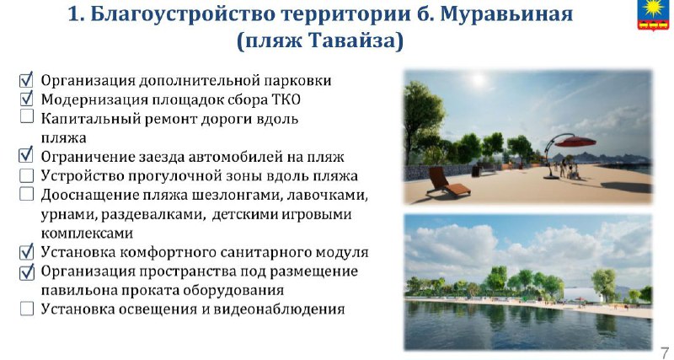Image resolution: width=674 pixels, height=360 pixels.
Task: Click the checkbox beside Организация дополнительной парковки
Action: click(x=26, y=79)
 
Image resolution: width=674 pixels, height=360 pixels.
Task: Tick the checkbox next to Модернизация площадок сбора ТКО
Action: click(x=26, y=99)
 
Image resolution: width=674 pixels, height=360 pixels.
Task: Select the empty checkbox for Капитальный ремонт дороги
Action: click(x=27, y=116)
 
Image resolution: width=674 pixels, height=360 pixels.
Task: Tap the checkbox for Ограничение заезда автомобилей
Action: click(x=26, y=155)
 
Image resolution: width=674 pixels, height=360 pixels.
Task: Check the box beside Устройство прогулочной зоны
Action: click(x=27, y=175)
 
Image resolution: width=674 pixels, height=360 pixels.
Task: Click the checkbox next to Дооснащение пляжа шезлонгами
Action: click(x=27, y=194)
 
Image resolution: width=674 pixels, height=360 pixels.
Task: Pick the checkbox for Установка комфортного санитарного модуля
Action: click(x=26, y=251)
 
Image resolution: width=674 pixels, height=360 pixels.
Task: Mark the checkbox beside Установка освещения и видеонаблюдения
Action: click(x=27, y=309)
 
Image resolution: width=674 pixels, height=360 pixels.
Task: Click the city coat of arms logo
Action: click(x=653, y=14)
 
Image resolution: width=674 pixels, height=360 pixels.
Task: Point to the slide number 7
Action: click(x=665, y=351)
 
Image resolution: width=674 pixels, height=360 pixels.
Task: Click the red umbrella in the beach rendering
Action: click(x=575, y=141)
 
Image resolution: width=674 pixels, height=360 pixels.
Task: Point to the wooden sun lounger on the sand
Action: click(x=448, y=182)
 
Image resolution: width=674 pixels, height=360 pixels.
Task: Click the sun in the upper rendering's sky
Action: click(x=478, y=79)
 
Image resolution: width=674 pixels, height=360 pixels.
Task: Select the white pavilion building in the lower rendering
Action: click(x=582, y=294)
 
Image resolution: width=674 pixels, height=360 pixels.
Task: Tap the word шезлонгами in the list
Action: click(x=233, y=196)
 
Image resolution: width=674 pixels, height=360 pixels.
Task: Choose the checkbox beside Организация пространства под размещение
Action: click(x=26, y=271)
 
